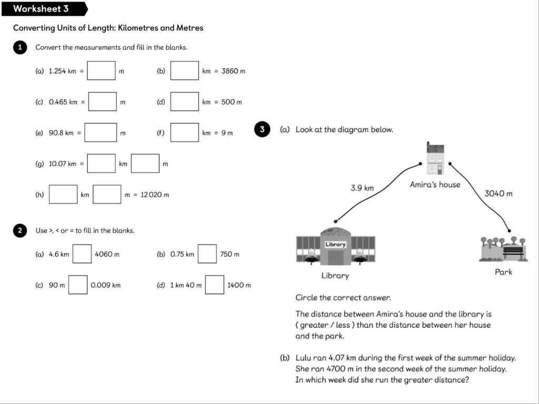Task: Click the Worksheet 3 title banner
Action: pos(42,9)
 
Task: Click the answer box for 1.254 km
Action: pos(101,70)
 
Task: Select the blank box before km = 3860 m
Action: pos(184,70)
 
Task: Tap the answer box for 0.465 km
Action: pos(102,102)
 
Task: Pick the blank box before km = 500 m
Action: pos(184,102)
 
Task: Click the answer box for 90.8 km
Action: pos(101,133)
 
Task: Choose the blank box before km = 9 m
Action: pos(184,133)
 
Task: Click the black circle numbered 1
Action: pos(19,47)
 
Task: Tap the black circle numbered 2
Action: pos(19,230)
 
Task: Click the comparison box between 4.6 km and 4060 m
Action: pos(82,254)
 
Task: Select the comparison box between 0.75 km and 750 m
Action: pos(207,254)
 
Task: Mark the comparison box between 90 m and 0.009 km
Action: pos(78,285)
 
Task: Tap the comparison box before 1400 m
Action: pos(214,285)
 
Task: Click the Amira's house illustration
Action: pos(435,159)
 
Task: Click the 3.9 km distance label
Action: pos(362,188)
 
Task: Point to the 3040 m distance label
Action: pos(498,194)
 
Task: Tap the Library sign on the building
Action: pos(335,245)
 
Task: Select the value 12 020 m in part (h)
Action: pos(155,195)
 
